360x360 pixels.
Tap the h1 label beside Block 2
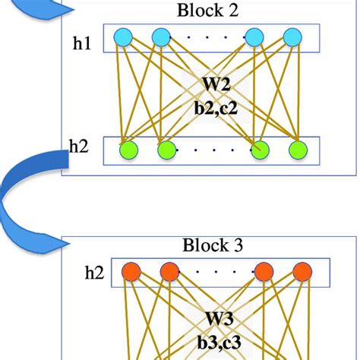click(81, 45)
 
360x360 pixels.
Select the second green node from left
click(166, 150)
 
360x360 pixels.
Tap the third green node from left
click(261, 150)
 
